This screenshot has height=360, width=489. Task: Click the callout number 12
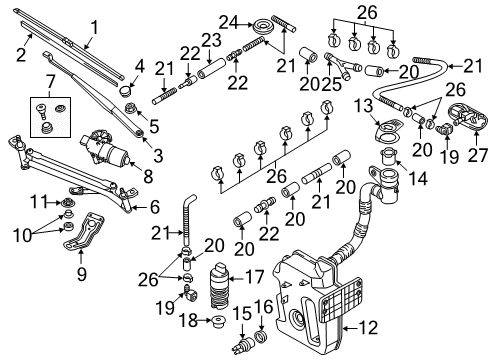pyautogui.click(x=368, y=328)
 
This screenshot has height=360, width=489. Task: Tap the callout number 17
pyautogui.click(x=255, y=277)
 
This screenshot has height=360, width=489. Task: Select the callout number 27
pyautogui.click(x=478, y=155)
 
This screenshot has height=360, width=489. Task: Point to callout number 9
pyautogui.click(x=82, y=274)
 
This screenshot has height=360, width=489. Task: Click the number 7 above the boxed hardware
pyautogui.click(x=50, y=81)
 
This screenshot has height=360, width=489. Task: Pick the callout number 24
pyautogui.click(x=229, y=23)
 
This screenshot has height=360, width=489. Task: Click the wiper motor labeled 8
pyautogui.click(x=105, y=148)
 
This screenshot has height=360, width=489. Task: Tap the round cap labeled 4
pyautogui.click(x=125, y=90)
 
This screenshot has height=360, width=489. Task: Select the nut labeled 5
pyautogui.click(x=129, y=108)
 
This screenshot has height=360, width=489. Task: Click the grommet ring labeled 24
pyautogui.click(x=263, y=27)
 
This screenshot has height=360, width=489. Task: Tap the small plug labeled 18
pyautogui.click(x=218, y=322)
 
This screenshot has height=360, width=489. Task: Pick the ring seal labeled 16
pyautogui.click(x=261, y=337)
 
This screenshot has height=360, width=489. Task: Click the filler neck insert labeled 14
pyautogui.click(x=388, y=157)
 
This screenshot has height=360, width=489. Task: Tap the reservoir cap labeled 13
pyautogui.click(x=388, y=131)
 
